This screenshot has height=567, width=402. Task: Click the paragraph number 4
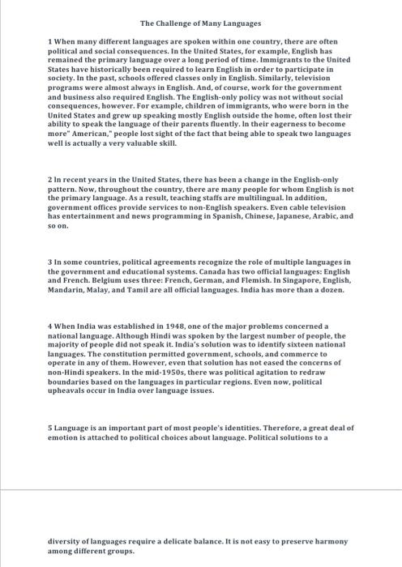50,325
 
